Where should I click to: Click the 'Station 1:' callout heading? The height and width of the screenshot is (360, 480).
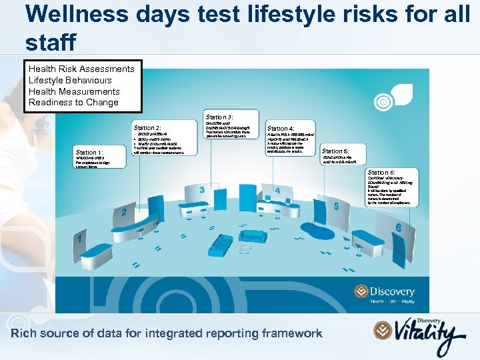point(89,152)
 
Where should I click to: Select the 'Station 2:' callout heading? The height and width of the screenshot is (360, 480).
point(147,127)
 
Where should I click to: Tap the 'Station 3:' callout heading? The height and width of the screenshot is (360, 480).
point(219,117)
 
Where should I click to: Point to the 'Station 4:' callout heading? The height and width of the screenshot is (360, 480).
point(281,128)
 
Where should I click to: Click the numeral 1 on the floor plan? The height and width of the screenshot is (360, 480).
point(81,237)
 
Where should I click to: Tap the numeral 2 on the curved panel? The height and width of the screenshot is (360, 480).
point(123,213)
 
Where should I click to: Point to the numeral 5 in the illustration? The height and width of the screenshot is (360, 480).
point(337,207)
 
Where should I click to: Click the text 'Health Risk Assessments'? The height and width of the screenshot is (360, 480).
point(81,69)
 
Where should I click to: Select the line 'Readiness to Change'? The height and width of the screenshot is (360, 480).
point(73,102)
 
